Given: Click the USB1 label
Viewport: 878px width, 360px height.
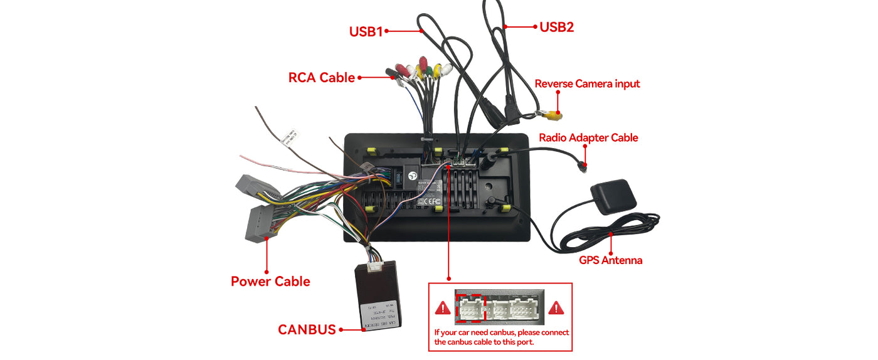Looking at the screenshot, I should coord(366,31).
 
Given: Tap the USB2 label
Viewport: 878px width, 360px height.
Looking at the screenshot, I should coord(556,27).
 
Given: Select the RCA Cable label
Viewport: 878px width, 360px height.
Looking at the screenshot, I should coord(321,78).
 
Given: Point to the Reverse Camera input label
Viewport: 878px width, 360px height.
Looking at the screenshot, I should coord(587,84).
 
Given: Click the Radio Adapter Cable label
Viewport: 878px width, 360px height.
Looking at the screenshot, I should coord(588,137).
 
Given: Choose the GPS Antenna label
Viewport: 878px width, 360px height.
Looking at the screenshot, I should coord(610,260).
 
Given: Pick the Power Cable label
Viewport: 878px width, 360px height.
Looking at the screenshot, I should coord(270,281).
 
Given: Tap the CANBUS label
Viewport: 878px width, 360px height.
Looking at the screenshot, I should coord(307,329).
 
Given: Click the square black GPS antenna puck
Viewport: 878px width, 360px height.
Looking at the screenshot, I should coord(613,196).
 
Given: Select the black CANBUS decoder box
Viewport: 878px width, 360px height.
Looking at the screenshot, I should coord(376,295).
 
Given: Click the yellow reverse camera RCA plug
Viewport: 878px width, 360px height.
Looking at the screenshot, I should coord(553,115).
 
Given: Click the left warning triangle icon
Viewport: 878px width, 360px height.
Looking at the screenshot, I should coord(443,308).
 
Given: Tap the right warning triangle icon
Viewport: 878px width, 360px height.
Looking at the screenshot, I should coord(556,308).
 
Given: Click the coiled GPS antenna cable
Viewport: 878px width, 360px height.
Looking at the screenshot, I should coord(602,235).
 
